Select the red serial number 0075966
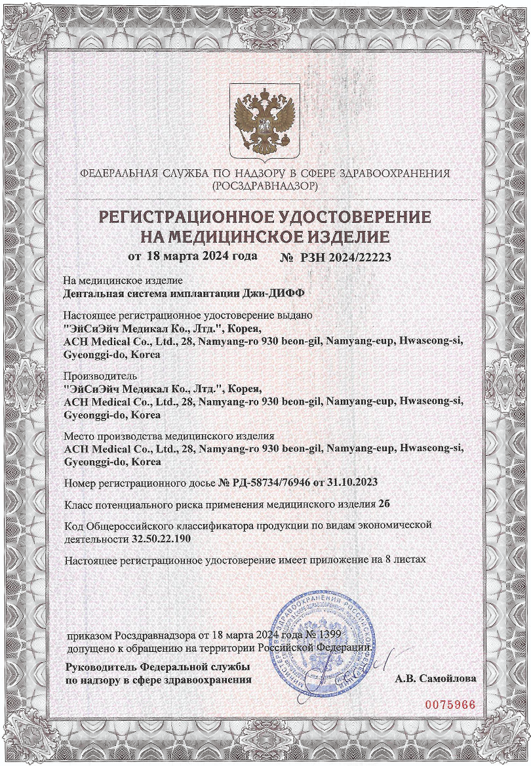(x=450, y=704)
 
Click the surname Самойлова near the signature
(x=450, y=679)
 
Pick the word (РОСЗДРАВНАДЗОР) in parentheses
(x=265, y=186)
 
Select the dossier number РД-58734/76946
(x=279, y=483)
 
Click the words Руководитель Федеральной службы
(x=157, y=667)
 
